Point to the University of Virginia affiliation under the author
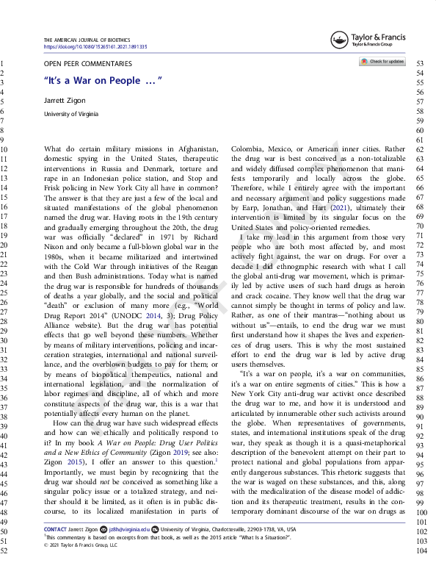71,114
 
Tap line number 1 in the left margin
4,64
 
